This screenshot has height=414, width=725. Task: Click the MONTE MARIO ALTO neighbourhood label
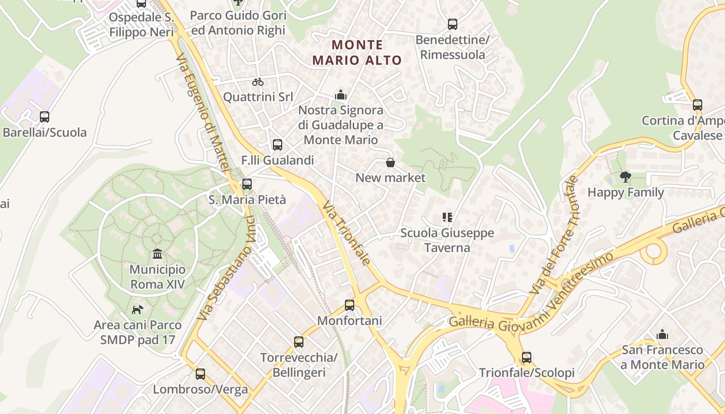[x=357, y=52]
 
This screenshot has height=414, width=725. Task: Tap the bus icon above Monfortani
[x=350, y=305]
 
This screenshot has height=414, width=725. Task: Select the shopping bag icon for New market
[x=390, y=162]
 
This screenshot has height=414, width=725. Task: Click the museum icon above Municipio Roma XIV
[x=157, y=254]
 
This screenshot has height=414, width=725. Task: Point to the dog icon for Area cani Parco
[x=137, y=309]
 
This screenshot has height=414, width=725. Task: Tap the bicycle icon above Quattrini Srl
[x=258, y=82]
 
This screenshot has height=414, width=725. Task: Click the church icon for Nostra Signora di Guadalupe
[x=340, y=95]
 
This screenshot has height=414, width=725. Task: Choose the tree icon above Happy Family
[x=626, y=177]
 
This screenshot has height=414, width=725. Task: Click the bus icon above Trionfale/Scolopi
[x=527, y=358]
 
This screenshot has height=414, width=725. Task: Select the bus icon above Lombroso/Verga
[x=200, y=374]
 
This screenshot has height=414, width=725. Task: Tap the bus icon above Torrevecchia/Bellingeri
[x=299, y=342]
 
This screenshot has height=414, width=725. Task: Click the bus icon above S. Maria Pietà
[x=247, y=184]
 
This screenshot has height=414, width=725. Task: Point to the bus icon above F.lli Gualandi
[x=278, y=145]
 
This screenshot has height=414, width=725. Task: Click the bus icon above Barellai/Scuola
[x=45, y=117]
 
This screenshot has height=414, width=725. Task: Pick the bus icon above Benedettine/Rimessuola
[x=453, y=24]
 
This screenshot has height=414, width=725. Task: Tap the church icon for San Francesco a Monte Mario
[x=662, y=335]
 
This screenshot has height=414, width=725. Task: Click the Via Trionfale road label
[x=346, y=233]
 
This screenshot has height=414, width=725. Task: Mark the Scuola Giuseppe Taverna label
[x=447, y=240]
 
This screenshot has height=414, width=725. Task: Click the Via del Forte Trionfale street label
[x=554, y=235]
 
